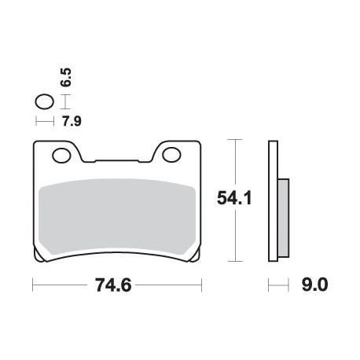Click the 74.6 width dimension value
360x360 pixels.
pyautogui.click(x=113, y=285)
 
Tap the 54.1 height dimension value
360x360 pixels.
pyautogui.click(x=234, y=198)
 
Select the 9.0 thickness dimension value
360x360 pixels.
pyautogui.click(x=314, y=285)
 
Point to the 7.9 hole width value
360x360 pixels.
pyautogui.click(x=72, y=121)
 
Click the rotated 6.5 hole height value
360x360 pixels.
pyautogui.click(x=66, y=77)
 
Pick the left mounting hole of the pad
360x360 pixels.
pyautogui.click(x=61, y=156)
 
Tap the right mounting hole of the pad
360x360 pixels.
pyautogui.click(x=171, y=155)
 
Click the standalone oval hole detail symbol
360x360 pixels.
pyautogui.click(x=45, y=101)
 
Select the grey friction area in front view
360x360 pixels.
pyautogui.click(x=117, y=217)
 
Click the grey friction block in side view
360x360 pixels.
pyautogui.click(x=284, y=218)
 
